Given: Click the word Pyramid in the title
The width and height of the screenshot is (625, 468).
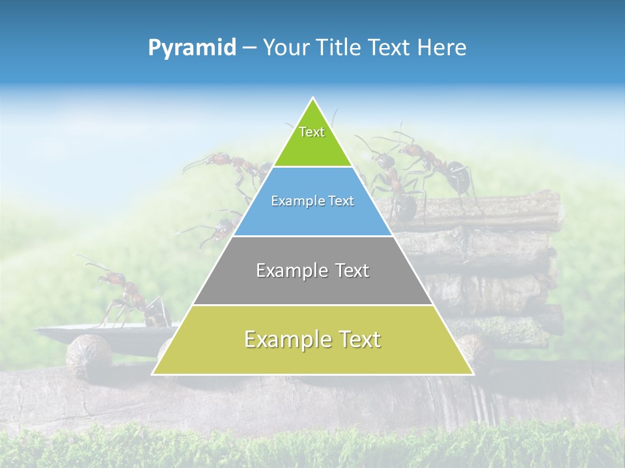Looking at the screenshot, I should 192,48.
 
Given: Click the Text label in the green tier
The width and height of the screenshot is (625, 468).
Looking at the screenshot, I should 312,133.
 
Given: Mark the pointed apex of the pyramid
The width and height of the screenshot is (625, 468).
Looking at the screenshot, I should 313,99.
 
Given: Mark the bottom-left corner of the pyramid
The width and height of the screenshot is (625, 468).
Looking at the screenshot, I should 152,374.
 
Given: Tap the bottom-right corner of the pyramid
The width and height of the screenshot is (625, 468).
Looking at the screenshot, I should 473,374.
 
